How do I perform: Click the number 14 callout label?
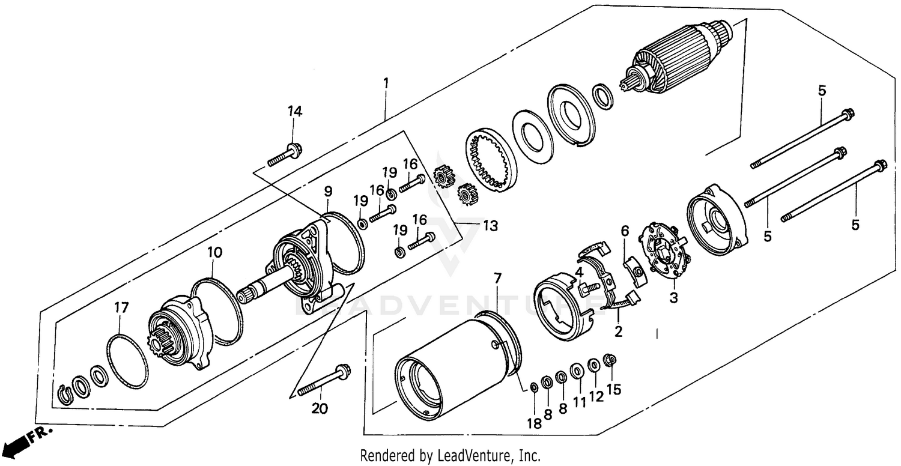click(x=294, y=111)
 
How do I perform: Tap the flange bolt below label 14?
click(x=285, y=154)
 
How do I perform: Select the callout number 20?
click(x=320, y=409)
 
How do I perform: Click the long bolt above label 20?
click(x=324, y=381)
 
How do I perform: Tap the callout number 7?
click(x=497, y=278)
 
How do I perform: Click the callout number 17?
click(x=121, y=307)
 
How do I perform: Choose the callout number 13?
click(x=490, y=226)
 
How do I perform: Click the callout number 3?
click(x=674, y=297)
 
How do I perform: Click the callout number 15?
click(x=613, y=389)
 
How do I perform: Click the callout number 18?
click(x=534, y=423)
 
